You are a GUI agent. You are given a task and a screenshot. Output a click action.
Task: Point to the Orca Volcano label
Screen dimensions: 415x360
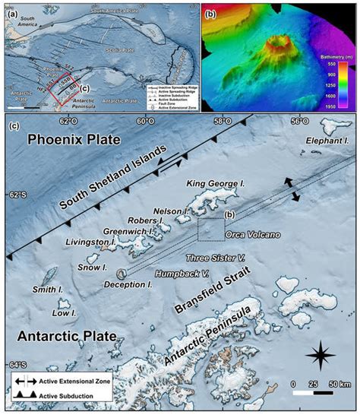[x=256, y=234]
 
